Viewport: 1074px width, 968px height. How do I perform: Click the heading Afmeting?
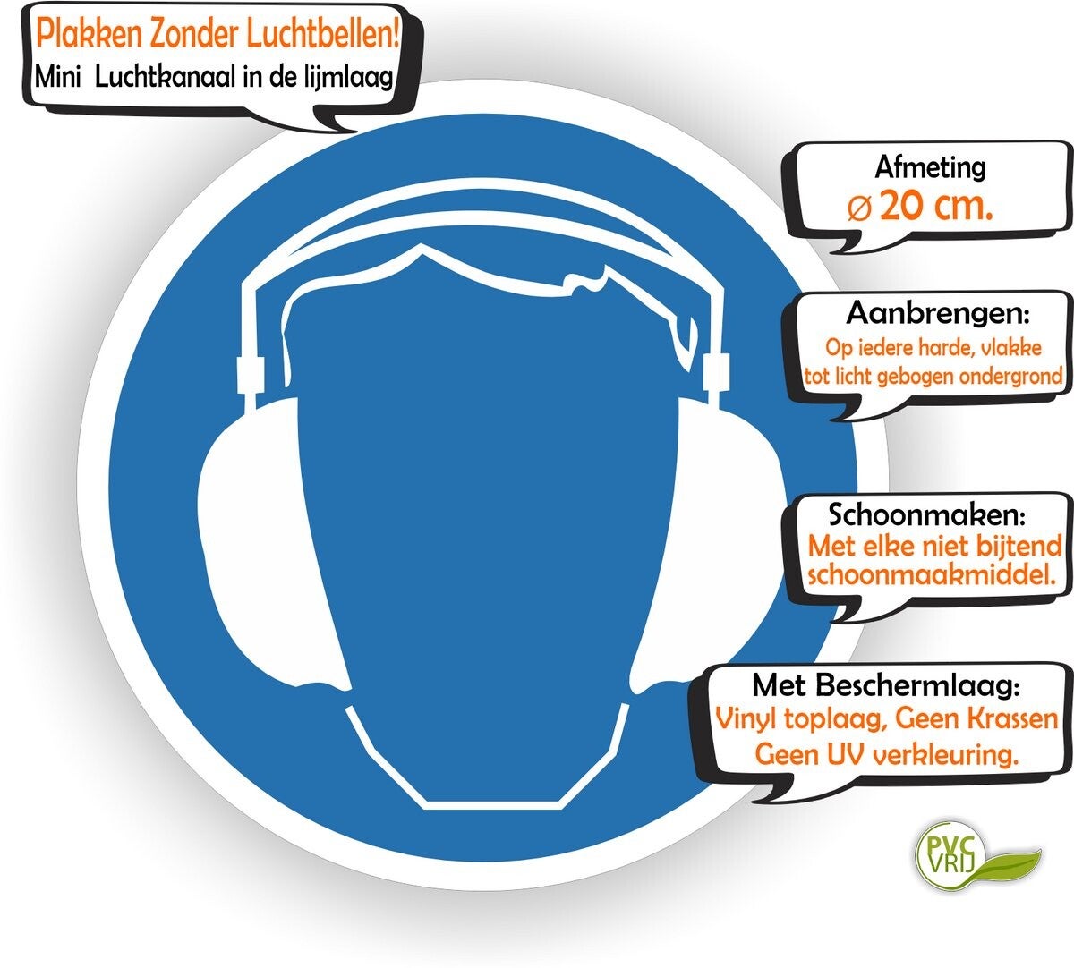click(930, 167)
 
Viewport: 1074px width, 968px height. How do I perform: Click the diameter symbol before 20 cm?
click(858, 208)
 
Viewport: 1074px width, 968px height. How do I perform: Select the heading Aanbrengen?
click(938, 314)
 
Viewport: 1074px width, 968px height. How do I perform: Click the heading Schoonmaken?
click(927, 515)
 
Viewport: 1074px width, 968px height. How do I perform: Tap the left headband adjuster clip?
click(249, 373)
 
